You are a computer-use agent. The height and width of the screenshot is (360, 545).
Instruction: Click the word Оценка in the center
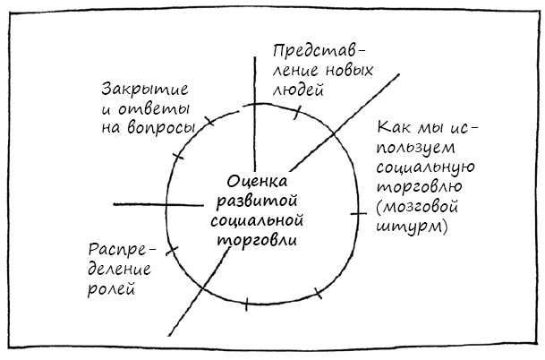258,182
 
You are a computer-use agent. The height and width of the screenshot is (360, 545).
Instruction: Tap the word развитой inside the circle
257,201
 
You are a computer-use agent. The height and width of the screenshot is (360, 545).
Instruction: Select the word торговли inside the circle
257,241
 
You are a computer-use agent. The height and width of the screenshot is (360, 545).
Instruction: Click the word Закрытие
145,89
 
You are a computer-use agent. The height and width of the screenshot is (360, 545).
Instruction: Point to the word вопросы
161,128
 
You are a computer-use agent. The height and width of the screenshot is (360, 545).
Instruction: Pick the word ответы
154,109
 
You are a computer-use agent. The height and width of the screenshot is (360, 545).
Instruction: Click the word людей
298,90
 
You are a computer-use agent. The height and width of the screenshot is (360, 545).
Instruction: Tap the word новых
350,70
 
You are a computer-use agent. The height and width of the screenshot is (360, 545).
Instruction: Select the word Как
395,127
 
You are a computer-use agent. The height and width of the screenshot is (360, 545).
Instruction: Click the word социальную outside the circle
426,167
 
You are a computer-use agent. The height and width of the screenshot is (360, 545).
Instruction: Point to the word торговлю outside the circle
420,187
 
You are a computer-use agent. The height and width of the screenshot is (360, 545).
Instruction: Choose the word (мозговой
417,207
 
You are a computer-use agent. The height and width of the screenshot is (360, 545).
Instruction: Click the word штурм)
412,227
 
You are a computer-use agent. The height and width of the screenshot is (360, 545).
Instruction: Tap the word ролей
111,288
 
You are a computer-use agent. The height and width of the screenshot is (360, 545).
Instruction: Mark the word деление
119,270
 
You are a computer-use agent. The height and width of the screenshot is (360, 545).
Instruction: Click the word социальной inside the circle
257,221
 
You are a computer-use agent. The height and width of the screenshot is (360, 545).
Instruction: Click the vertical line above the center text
255,114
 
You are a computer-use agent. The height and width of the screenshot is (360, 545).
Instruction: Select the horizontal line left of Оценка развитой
158,204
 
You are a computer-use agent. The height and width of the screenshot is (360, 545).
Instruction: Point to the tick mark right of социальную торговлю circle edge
358,213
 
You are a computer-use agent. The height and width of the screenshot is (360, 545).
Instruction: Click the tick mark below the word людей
297,112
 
